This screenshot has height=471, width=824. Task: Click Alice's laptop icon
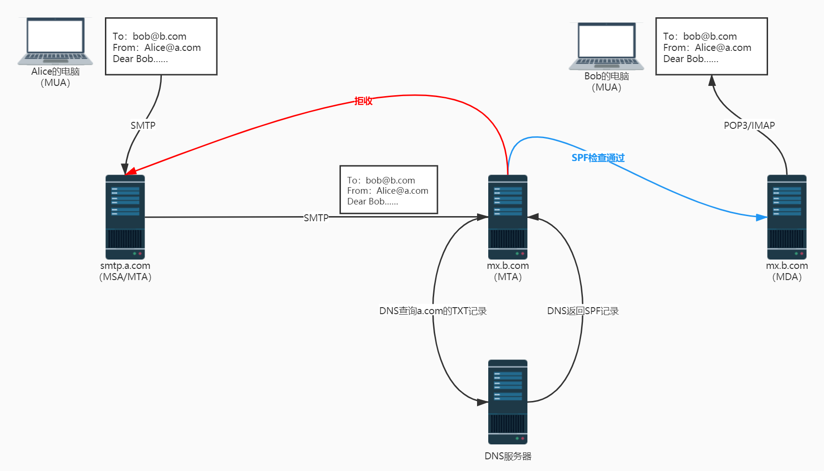[55, 41]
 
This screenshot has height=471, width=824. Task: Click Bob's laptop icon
[606, 46]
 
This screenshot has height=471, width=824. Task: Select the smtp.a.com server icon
[125, 217]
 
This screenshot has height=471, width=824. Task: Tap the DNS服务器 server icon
[507, 401]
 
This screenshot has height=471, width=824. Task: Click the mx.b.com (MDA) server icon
[787, 217]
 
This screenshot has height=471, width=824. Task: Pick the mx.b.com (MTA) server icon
[507, 217]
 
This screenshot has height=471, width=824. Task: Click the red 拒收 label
[363, 101]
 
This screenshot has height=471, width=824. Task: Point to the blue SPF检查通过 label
[598, 158]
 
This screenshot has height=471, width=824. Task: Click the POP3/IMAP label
[749, 125]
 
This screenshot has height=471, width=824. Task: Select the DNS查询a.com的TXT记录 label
[433, 311]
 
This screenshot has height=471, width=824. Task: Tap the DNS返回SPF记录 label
[582, 311]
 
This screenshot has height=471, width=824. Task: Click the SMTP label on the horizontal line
[316, 218]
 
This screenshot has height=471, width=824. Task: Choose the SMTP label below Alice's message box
[143, 125]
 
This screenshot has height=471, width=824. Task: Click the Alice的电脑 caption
[55, 71]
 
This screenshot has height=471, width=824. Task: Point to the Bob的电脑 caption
[606, 76]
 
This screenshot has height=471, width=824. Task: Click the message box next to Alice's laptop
[161, 46]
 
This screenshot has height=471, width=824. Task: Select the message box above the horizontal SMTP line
[388, 190]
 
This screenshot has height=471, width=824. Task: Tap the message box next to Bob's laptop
[711, 46]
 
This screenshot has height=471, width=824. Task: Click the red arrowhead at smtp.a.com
[131, 171]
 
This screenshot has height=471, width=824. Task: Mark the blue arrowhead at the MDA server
[762, 218]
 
